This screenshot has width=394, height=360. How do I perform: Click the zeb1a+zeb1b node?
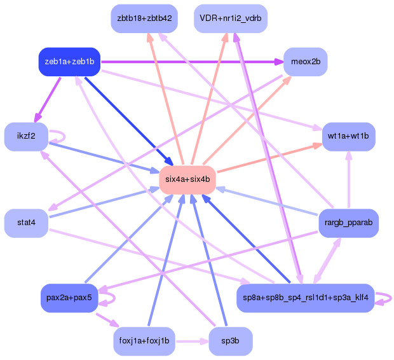click(x=69, y=62)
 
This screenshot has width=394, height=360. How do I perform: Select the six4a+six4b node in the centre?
click(x=187, y=179)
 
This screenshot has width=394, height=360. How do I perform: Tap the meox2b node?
click(x=305, y=62)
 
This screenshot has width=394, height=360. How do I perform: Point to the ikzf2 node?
click(x=27, y=136)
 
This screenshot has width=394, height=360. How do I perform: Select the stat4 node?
click(x=27, y=223)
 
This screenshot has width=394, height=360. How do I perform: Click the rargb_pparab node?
click(x=348, y=223)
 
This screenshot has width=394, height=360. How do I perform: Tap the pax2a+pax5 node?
click(x=69, y=298)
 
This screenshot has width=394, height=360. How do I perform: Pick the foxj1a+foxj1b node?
click(x=144, y=341)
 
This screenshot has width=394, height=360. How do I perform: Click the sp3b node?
click(x=230, y=341)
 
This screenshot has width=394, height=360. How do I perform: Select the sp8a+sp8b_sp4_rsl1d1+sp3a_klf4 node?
click(x=305, y=298)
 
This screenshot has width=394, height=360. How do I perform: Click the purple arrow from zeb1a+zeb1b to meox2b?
click(x=191, y=62)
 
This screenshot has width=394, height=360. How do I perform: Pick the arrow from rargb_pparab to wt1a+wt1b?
click(x=348, y=181)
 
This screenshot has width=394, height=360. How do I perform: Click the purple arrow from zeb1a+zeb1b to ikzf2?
click(x=48, y=99)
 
